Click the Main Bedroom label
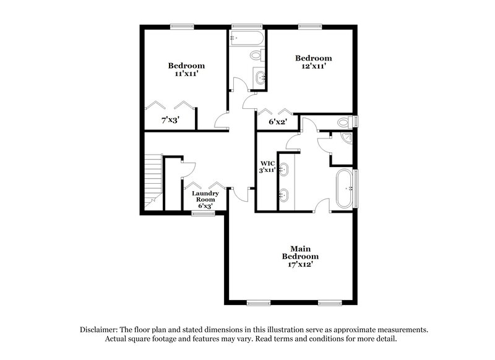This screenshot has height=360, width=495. pos(300,252)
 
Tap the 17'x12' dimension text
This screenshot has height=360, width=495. pos(300,264)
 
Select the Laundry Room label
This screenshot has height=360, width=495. pos(205,197)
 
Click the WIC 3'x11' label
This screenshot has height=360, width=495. pos(267,166)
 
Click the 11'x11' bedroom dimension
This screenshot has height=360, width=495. pos(186,74)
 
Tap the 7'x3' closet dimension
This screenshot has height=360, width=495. pos(170,120)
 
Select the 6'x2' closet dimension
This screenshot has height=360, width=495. pos(277,122)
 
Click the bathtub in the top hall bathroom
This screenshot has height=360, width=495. pos(247,38)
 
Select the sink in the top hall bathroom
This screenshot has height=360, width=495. pos(261,77)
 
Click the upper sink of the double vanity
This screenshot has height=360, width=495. pos(285,169)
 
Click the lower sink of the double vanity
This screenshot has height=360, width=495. pos(285,196)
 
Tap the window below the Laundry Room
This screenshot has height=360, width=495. pos(203,213)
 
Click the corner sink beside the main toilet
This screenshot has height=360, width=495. pos(346,139)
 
